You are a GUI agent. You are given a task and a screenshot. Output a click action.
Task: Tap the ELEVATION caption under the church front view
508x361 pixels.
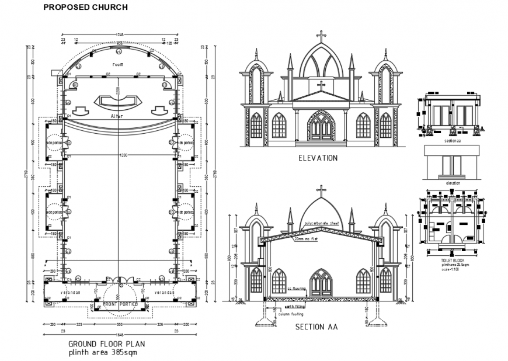[x=318, y=158]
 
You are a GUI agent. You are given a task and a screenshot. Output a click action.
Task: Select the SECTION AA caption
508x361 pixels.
[x=316, y=327]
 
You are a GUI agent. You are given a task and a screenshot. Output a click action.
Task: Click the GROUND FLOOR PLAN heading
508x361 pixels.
[x=106, y=344]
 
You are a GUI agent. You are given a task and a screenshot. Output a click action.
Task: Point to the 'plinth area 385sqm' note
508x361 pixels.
[x=103, y=353]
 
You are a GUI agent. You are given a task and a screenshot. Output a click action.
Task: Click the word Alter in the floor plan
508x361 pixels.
[x=117, y=116]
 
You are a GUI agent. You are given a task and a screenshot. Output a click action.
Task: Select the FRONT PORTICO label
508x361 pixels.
[x=120, y=304]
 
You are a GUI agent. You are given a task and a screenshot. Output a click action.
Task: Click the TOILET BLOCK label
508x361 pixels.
[x=453, y=259]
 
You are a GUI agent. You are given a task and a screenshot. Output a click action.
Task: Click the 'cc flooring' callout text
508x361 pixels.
[x=297, y=288]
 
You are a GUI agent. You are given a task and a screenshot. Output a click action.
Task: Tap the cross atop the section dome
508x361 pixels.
[x=321, y=190]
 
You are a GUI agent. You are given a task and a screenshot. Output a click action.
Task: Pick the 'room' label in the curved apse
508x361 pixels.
[x=118, y=64]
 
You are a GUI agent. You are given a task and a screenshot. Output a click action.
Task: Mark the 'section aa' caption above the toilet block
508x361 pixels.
[x=453, y=141]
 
